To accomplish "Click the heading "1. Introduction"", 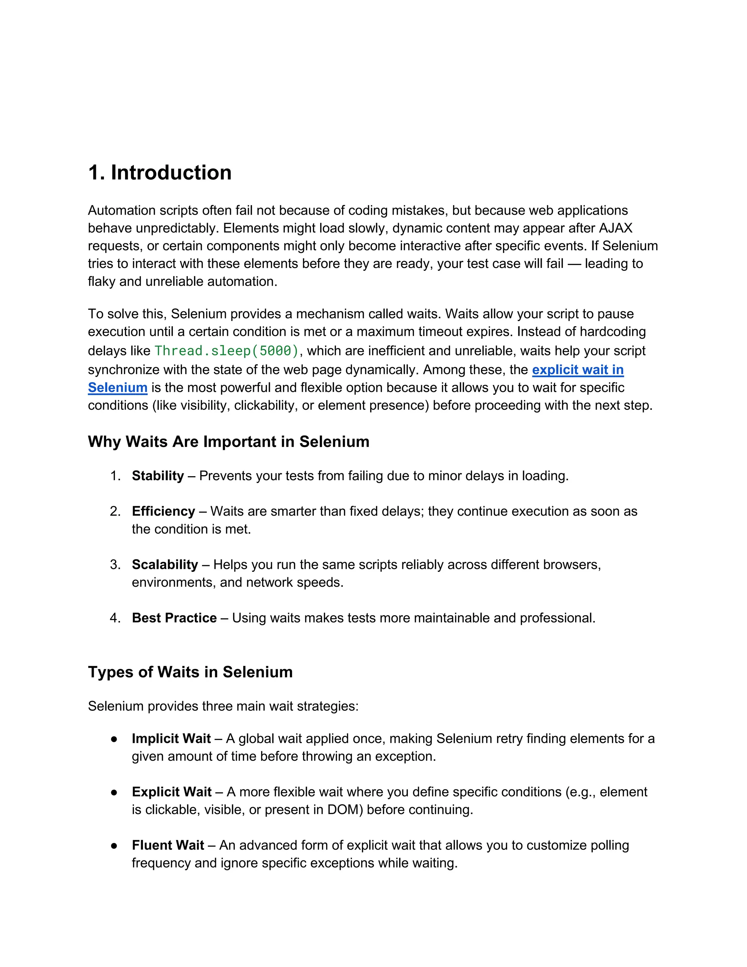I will [x=160, y=173].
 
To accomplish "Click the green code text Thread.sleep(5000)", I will [x=227, y=351].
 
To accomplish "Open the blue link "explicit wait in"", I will [x=577, y=370].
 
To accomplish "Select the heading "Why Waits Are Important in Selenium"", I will [x=228, y=442].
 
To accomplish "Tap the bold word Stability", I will [x=158, y=476].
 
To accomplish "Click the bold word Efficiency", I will [x=163, y=511].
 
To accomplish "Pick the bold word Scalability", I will [x=165, y=565].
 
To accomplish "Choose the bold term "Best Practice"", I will [x=174, y=618].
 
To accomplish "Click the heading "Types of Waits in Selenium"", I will [x=190, y=672].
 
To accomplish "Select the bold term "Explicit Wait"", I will [x=171, y=792].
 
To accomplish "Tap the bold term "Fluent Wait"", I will [x=168, y=845].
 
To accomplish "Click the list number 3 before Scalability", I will [x=115, y=565].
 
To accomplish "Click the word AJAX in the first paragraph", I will [x=616, y=228].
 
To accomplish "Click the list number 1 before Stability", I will [x=115, y=476].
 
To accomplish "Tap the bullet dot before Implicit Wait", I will [x=114, y=739].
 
